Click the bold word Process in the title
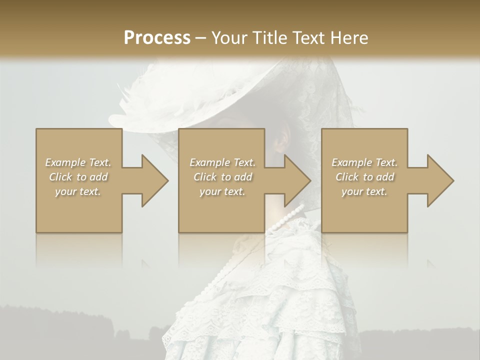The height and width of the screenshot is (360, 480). click(x=157, y=38)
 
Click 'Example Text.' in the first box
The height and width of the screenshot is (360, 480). click(x=78, y=162)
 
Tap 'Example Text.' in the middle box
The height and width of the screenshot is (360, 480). click(x=222, y=162)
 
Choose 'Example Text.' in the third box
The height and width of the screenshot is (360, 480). click(x=364, y=162)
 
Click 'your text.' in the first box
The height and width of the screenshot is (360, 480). click(x=78, y=191)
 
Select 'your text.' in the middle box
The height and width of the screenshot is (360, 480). click(x=222, y=191)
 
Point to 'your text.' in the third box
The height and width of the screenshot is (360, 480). click(x=364, y=191)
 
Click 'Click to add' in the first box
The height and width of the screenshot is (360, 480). click(x=78, y=177)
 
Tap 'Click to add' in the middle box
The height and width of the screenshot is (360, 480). click(x=222, y=177)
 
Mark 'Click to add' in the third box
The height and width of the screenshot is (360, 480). click(x=365, y=177)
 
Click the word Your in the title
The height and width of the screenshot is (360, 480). click(x=228, y=38)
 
